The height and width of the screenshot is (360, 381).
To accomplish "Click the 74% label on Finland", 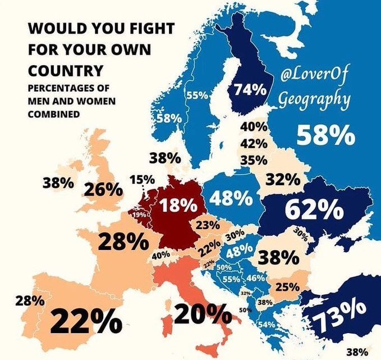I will pos(250,90).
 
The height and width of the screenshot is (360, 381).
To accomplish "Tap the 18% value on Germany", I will pos(177,206).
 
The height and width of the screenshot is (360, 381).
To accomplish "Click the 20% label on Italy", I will pos(201,313).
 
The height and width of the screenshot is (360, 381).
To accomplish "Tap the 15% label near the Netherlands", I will pos(142,180).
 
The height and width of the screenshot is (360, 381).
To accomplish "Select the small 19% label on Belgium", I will pos(139,215).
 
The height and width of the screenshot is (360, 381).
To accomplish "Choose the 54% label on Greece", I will pos(266,325).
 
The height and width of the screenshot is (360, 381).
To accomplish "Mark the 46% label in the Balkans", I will pos(256,278).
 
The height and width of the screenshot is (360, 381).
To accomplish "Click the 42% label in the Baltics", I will pos(253,144).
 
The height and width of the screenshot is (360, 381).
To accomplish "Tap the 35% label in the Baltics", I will pos(253,160).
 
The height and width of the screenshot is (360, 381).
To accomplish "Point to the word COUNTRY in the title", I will pos(65,71).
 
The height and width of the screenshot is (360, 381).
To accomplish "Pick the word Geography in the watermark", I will pos(314,100).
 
